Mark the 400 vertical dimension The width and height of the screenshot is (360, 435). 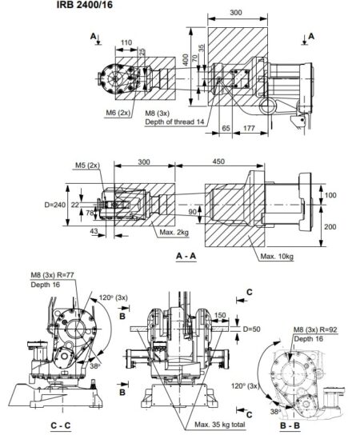coord(185,60)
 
